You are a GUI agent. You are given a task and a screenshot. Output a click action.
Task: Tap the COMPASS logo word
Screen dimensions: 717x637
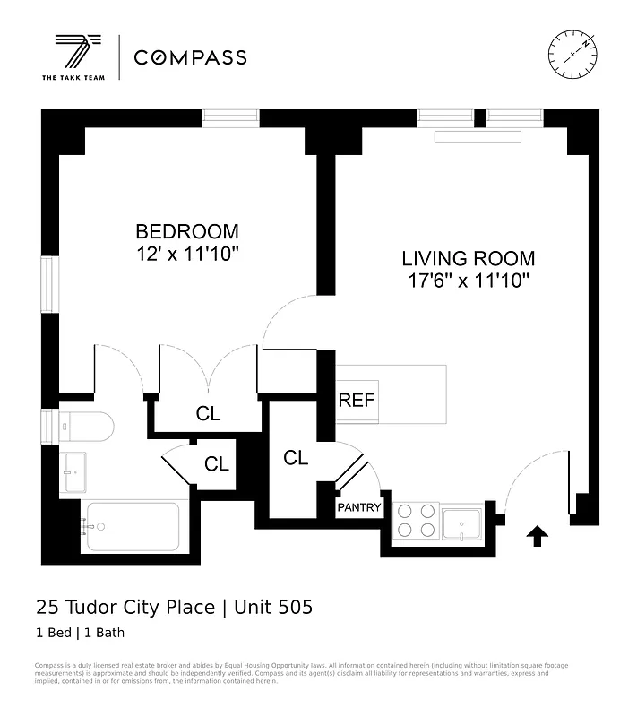pyautogui.click(x=190, y=58)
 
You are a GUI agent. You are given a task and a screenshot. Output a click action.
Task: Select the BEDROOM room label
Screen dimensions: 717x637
pyautogui.click(x=187, y=231)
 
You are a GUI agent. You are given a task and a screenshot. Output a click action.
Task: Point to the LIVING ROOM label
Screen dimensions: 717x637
pyautogui.click(x=468, y=259)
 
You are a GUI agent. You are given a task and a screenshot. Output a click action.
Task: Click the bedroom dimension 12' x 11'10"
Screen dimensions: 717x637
pyautogui.click(x=187, y=255)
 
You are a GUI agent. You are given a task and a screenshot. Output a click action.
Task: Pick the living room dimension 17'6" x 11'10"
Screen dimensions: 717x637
pyautogui.click(x=468, y=281)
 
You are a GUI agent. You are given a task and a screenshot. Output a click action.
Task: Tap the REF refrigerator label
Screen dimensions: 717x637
pyautogui.click(x=356, y=400)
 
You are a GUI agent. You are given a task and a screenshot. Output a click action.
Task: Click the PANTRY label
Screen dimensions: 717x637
pyautogui.click(x=359, y=508)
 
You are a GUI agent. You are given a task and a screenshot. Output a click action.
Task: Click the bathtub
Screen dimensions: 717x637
pyautogui.click(x=132, y=527)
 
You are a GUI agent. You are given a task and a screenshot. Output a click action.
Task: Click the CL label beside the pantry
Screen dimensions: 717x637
pyautogui.click(x=296, y=458)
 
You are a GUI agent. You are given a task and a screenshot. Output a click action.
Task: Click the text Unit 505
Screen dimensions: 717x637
pyautogui.click(x=273, y=608)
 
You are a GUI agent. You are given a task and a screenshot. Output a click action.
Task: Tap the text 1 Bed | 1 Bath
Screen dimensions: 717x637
pyautogui.click(x=80, y=633)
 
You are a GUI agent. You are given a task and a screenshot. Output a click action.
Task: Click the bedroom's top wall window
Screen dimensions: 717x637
pyautogui.click(x=230, y=117)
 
